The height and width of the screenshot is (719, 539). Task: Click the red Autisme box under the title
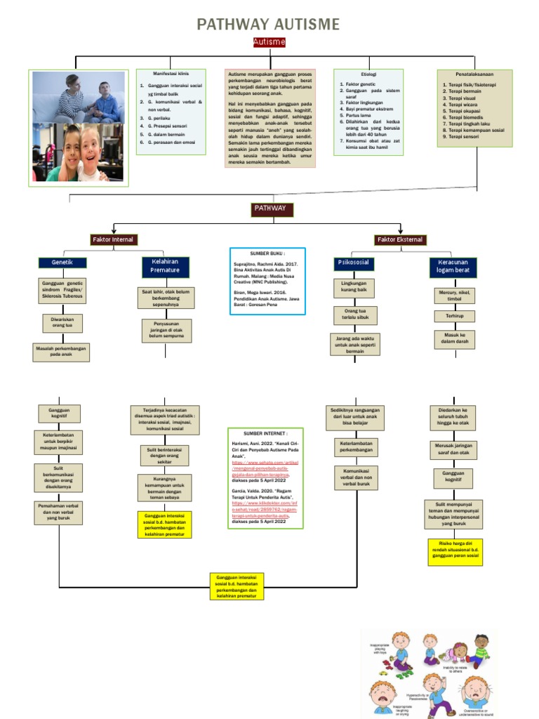[269, 43]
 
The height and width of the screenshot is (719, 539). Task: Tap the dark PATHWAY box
[269, 209]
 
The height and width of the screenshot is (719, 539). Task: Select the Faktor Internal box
[112, 240]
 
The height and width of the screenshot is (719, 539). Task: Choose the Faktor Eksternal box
[400, 240]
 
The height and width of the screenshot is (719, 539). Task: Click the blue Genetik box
[62, 263]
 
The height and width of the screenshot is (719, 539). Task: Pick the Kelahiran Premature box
[166, 266]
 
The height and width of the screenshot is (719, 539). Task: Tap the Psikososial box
[354, 263]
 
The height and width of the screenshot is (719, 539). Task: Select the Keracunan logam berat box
[453, 266]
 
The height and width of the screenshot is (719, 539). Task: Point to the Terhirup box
[455, 317]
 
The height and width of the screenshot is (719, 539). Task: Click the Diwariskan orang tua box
[62, 323]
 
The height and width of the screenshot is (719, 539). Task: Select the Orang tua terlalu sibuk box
[356, 315]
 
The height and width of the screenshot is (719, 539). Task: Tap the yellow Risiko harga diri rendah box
[455, 552]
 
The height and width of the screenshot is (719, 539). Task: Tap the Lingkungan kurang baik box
[354, 287]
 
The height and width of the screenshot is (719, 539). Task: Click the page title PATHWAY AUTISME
[268, 25]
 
